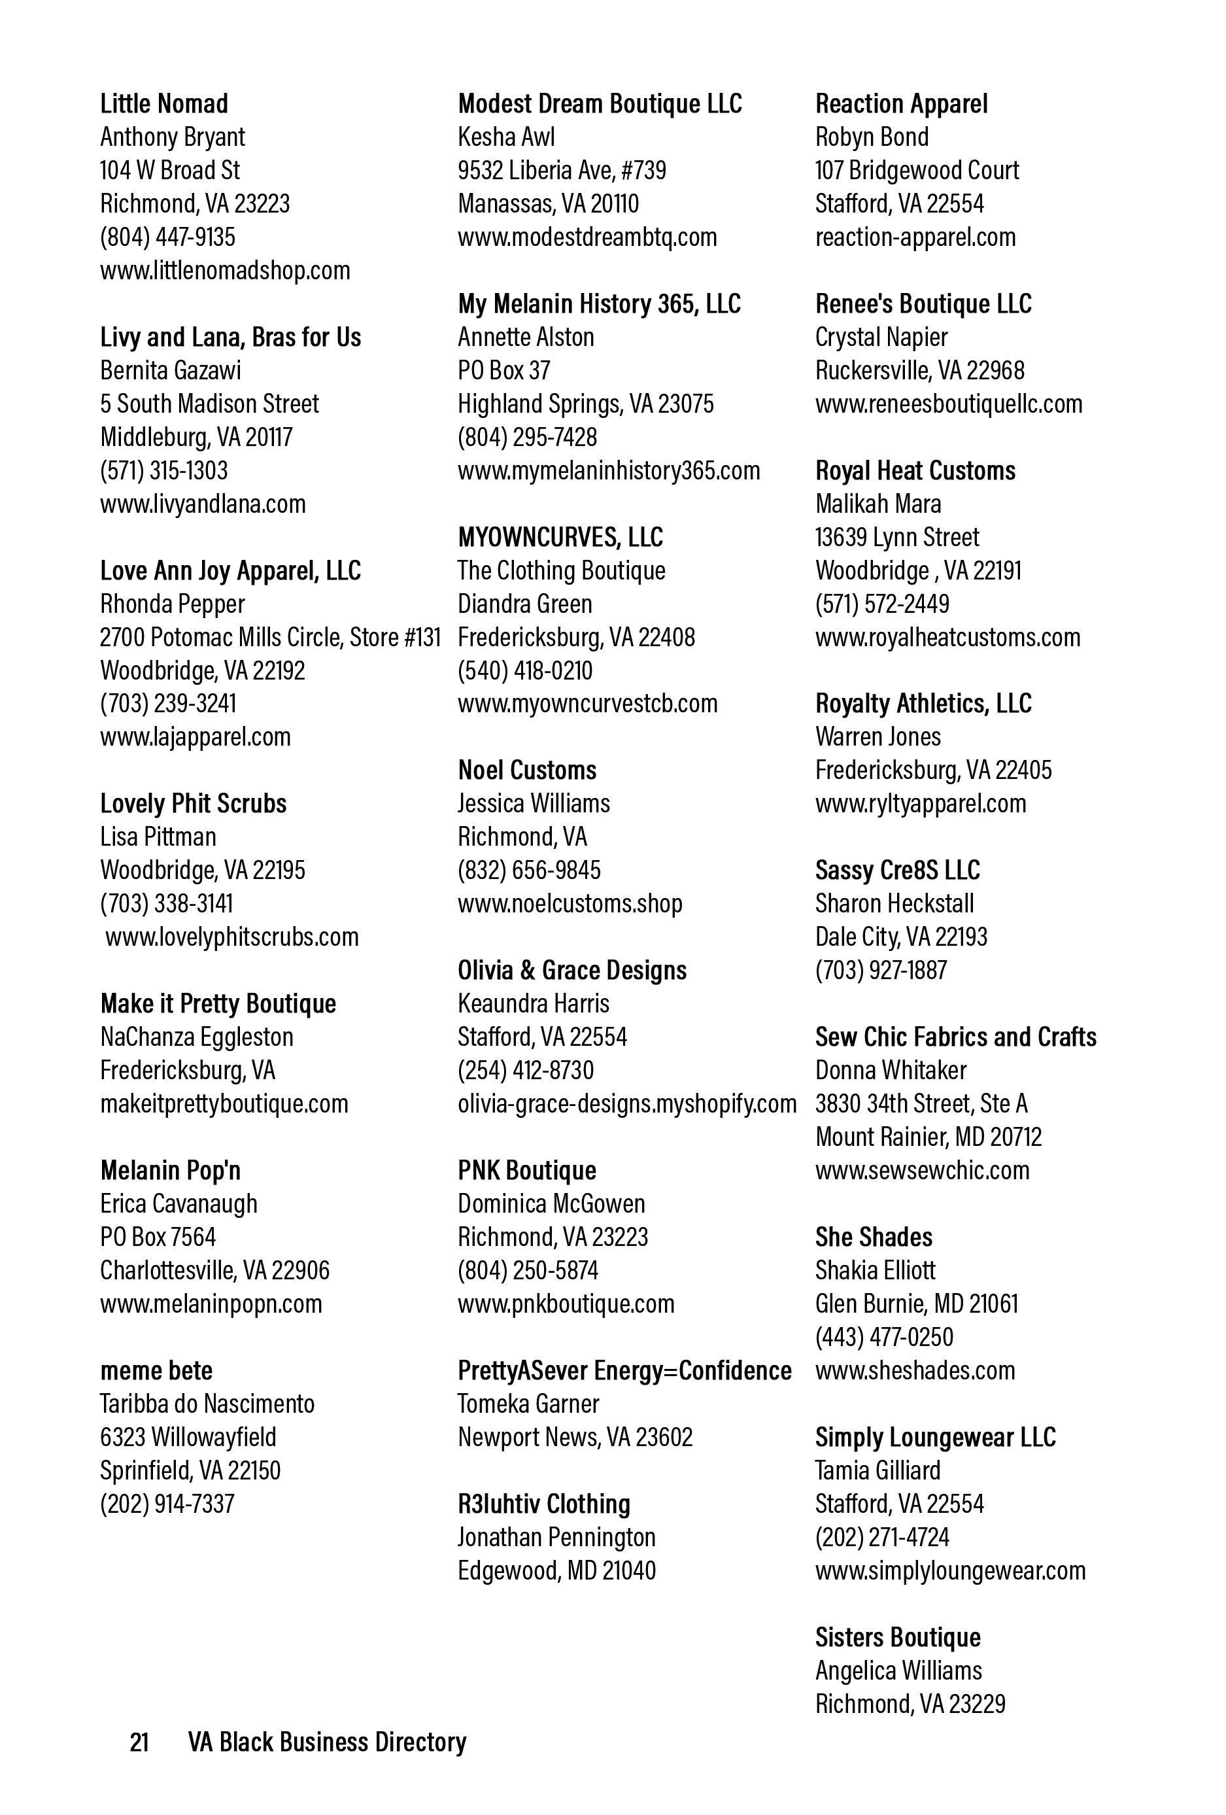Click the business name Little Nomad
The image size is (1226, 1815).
(x=164, y=104)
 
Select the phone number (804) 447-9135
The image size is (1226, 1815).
(x=167, y=237)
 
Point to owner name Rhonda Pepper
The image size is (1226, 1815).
(x=172, y=604)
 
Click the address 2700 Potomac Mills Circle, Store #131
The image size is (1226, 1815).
(x=270, y=637)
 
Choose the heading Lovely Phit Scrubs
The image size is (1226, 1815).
(x=193, y=804)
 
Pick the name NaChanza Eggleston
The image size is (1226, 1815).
(x=196, y=1037)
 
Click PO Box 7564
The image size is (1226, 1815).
(x=158, y=1236)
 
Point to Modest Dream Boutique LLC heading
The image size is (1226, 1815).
(x=600, y=104)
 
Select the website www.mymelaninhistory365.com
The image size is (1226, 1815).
(x=608, y=470)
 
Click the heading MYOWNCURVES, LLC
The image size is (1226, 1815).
(x=560, y=538)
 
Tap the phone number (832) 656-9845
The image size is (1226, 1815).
(x=529, y=869)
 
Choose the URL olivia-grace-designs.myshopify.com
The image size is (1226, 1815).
(x=626, y=1103)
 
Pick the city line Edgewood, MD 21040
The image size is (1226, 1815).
(x=556, y=1570)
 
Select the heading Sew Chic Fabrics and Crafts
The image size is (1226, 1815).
(x=955, y=1037)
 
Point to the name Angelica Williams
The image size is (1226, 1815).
(x=898, y=1670)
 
